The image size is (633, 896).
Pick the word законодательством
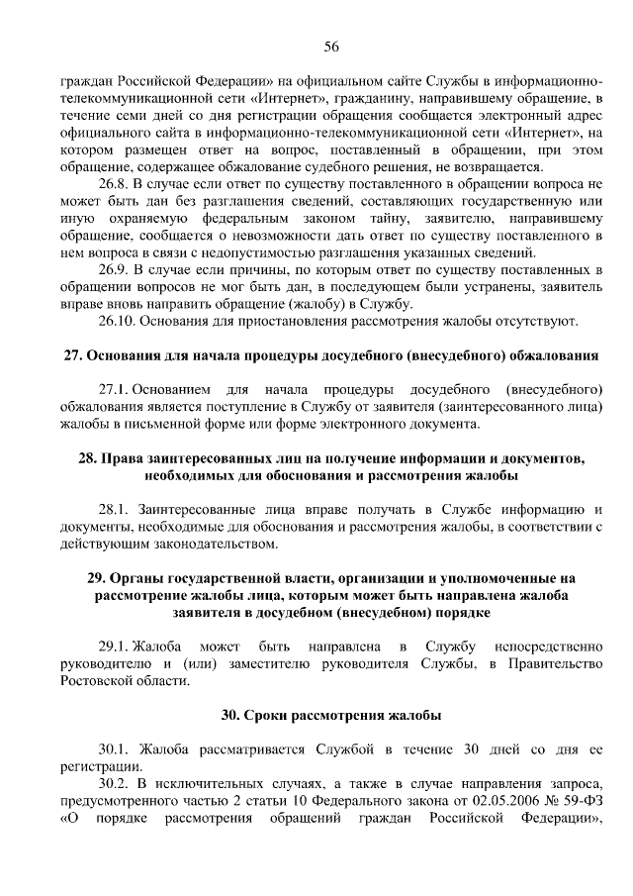(x=203, y=544)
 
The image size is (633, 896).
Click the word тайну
(x=351, y=218)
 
